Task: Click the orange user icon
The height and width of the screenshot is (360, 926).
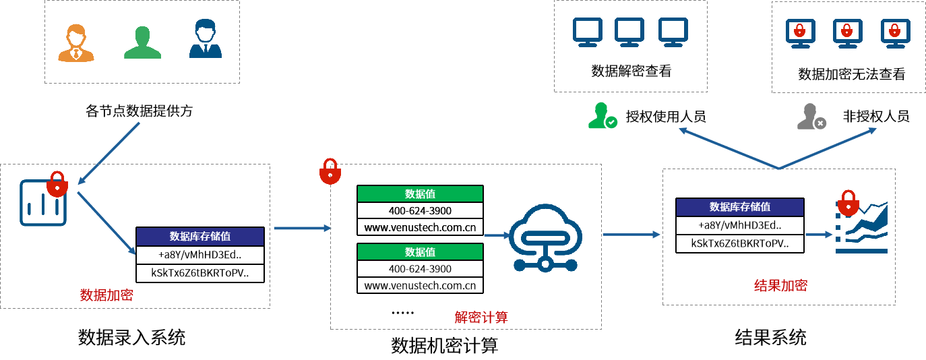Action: (x=75, y=42)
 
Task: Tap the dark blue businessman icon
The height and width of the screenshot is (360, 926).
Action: (x=206, y=40)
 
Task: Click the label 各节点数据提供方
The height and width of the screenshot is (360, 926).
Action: (x=140, y=111)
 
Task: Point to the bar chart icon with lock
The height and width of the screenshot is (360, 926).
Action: (x=44, y=200)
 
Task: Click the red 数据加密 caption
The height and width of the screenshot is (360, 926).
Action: (x=106, y=295)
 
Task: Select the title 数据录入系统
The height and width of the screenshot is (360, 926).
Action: (x=132, y=337)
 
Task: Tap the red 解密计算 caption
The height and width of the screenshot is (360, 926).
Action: (x=481, y=317)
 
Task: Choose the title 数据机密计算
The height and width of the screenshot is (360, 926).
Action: (x=445, y=346)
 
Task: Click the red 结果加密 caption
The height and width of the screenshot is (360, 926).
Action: (x=780, y=285)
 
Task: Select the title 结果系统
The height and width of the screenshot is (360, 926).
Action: (x=770, y=337)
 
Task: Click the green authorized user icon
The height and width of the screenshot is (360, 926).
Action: (x=602, y=116)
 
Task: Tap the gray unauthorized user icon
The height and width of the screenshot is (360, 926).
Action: (x=811, y=116)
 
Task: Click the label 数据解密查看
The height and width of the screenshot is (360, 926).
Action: (x=631, y=71)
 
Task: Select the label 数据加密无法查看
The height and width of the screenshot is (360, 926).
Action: (x=851, y=74)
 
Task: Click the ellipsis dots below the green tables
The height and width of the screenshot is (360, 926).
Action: (x=403, y=312)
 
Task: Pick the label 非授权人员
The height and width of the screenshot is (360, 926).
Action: (x=876, y=116)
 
